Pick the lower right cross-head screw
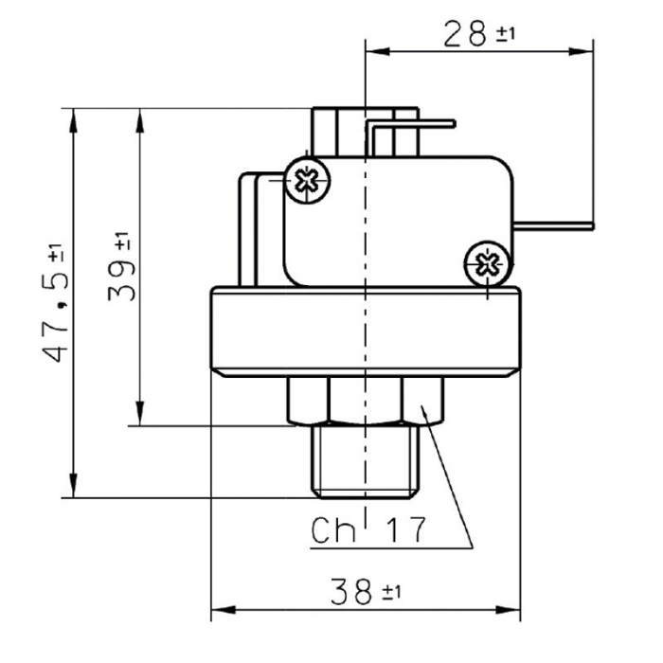point(489,261)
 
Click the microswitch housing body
point(398,218)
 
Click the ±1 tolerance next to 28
point(506,36)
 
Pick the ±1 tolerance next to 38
point(392,594)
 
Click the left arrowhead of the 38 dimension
point(217,609)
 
